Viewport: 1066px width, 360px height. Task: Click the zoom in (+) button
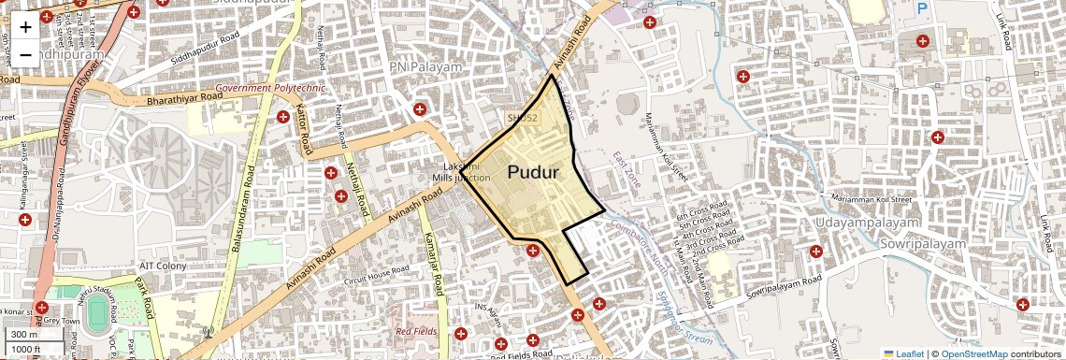[x=25, y=27]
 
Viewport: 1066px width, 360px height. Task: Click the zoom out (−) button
[x=25, y=54]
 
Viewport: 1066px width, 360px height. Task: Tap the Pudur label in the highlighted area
[x=533, y=173]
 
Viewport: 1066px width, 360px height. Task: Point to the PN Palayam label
[x=426, y=68]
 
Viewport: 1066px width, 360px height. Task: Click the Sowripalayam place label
[x=922, y=243]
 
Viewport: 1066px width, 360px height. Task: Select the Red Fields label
[x=416, y=331]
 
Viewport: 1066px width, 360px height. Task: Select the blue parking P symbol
[x=922, y=8]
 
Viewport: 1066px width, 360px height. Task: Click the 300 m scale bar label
[x=24, y=335]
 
